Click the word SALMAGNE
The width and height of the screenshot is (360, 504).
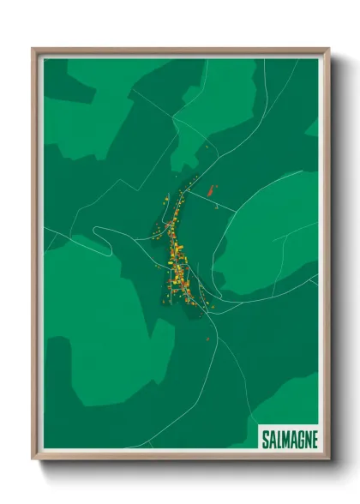pos(289,439)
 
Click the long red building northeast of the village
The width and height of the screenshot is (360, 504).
pos(213,190)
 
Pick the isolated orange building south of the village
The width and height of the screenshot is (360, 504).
pos(207,339)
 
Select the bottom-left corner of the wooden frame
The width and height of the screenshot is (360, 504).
pos(33,458)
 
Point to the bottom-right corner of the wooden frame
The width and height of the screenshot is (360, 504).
pos(327,458)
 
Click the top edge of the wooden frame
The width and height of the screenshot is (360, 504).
pos(180,51)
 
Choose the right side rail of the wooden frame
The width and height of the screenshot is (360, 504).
pos(326,257)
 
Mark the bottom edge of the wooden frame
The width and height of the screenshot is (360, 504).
pos(180,458)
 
